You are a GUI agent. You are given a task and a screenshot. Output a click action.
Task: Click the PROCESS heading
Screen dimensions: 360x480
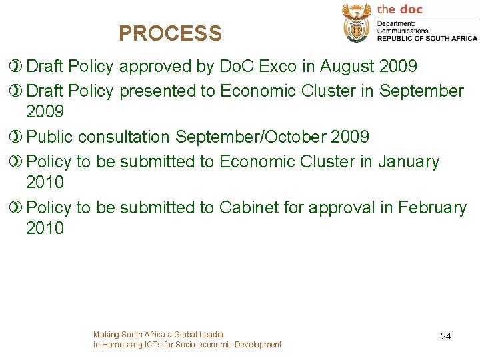170,33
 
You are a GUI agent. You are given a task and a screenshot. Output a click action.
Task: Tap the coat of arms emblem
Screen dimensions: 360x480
357,23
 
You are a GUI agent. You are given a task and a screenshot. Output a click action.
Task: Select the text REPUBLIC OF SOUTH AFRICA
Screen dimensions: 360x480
427,38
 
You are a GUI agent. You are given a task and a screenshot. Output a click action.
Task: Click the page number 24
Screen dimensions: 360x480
446,337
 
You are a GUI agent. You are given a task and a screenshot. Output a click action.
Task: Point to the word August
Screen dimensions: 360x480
348,67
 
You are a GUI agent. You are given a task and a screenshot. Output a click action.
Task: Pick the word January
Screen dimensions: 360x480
409,161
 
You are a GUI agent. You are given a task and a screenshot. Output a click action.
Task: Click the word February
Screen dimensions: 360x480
433,208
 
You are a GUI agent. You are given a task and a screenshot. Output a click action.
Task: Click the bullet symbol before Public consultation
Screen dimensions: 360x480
16,137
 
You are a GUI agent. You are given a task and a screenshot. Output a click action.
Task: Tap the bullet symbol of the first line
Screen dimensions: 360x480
16,67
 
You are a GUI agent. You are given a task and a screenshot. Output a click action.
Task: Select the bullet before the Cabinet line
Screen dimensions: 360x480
16,208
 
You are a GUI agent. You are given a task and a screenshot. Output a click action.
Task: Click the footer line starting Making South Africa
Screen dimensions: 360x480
159,335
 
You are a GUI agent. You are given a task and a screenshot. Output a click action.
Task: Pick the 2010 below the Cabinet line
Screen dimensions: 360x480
45,228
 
